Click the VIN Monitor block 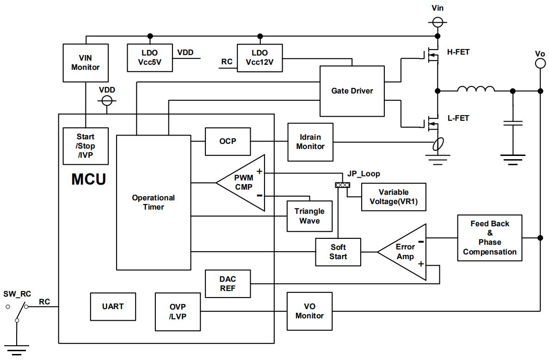[86, 63]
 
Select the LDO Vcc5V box [150, 58]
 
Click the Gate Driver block [352, 91]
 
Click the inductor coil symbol [476, 89]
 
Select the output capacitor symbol [512, 123]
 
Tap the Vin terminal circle [438, 22]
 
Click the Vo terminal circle [540, 64]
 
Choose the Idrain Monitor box [310, 142]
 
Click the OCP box [227, 141]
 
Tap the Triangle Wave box [309, 216]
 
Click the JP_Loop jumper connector [343, 185]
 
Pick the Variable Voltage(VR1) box [394, 197]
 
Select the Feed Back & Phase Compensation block [489, 238]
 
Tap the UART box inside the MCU [113, 306]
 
